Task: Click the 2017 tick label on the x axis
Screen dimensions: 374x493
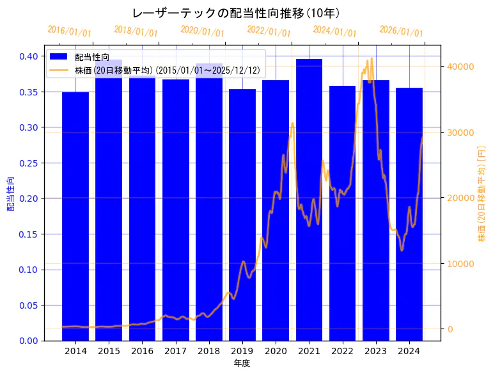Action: pyautogui.click(x=175, y=351)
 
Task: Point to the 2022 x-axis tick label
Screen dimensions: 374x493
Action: pyautogui.click(x=342, y=351)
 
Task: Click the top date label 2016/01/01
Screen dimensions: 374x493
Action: pyautogui.click(x=69, y=31)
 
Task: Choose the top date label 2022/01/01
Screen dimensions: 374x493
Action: pyautogui.click(x=269, y=31)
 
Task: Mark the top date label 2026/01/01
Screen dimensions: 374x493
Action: pyautogui.click(x=401, y=31)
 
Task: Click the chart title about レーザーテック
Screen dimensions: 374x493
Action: pyautogui.click(x=236, y=13)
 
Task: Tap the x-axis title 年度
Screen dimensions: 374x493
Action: pyautogui.click(x=242, y=363)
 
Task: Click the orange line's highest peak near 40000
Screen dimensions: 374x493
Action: pyautogui.click(x=372, y=59)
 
